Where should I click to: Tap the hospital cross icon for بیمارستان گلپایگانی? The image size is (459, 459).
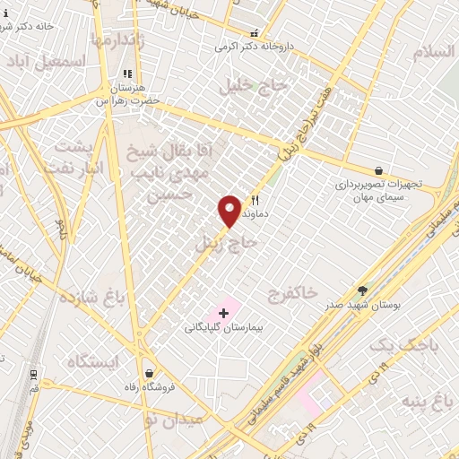223,313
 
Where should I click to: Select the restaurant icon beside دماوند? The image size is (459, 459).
255,201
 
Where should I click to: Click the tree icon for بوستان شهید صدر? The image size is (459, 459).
362,290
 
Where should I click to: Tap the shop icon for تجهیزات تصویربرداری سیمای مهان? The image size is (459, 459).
378,170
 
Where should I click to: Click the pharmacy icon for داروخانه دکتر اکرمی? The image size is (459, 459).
254,32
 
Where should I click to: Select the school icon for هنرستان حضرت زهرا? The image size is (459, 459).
127,74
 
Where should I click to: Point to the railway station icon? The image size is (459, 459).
33,373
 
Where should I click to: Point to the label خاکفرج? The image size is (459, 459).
292,293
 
